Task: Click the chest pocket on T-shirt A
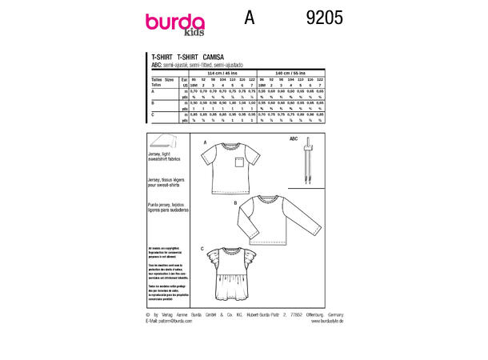[x=236, y=165]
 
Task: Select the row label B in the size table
[x=152, y=102]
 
